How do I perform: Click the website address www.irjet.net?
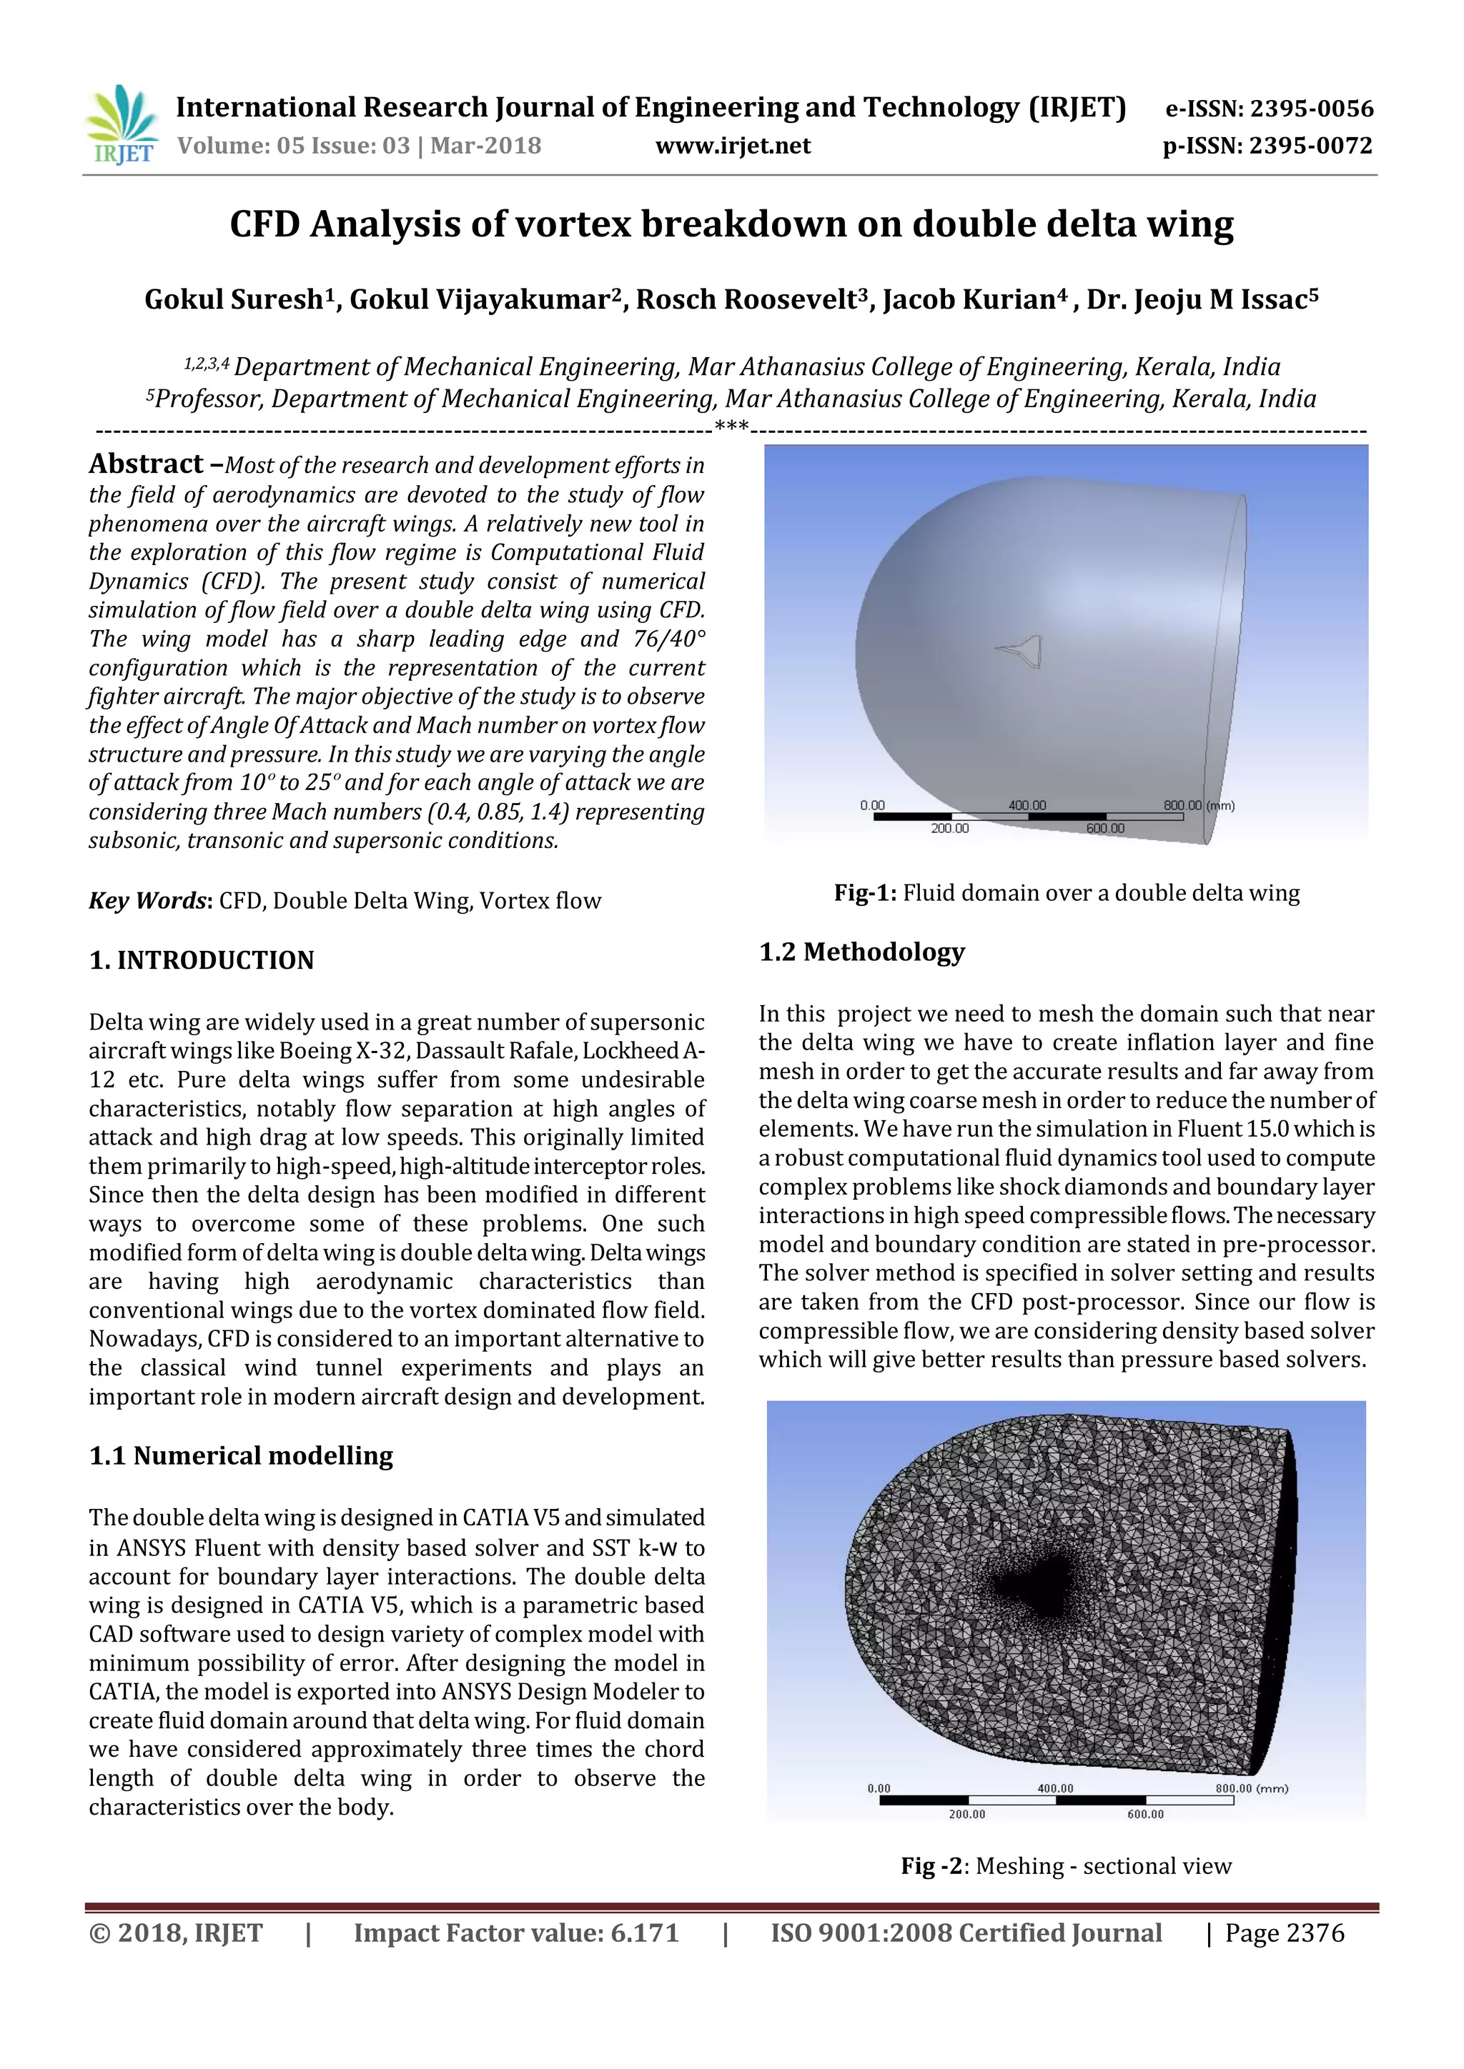[732, 146]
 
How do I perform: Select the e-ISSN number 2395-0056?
[1311, 110]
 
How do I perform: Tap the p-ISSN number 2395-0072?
[1311, 146]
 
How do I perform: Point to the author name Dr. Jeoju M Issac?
[1195, 300]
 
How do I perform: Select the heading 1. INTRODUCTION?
[201, 961]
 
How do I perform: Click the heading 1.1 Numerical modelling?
[241, 1456]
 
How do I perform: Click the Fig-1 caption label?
[864, 893]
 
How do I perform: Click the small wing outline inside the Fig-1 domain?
[1021, 651]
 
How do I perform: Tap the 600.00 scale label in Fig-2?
[1145, 1814]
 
